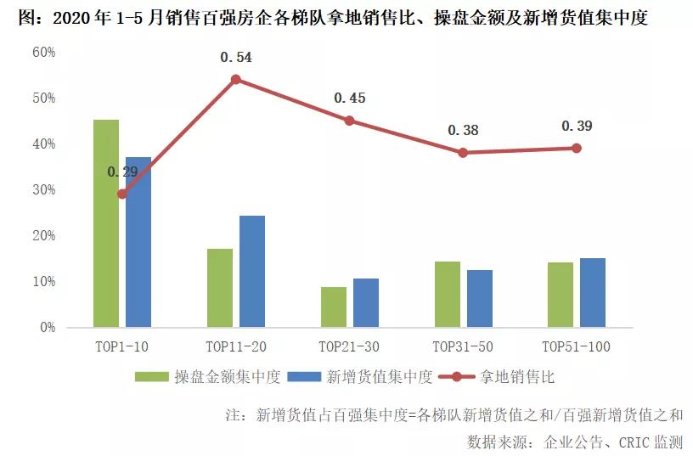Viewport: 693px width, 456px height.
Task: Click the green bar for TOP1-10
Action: (x=106, y=223)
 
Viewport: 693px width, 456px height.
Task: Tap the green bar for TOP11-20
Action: (x=220, y=288)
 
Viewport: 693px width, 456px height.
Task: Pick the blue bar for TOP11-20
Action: (x=252, y=271)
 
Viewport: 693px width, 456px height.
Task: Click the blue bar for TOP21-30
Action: (x=366, y=302)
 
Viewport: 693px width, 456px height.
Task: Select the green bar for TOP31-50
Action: (x=448, y=294)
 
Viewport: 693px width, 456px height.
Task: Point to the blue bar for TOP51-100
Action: (x=593, y=292)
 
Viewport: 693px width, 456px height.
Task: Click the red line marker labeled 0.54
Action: (x=236, y=80)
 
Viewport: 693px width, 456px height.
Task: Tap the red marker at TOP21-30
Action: (x=349, y=121)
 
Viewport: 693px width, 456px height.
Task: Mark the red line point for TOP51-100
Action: (x=577, y=148)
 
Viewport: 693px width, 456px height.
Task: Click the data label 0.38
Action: (x=463, y=131)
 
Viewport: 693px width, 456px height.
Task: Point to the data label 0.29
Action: (x=122, y=172)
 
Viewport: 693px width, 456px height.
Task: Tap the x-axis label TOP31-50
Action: (x=463, y=346)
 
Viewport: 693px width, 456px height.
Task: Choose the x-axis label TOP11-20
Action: (x=236, y=346)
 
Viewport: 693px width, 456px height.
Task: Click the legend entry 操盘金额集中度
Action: (x=228, y=376)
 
